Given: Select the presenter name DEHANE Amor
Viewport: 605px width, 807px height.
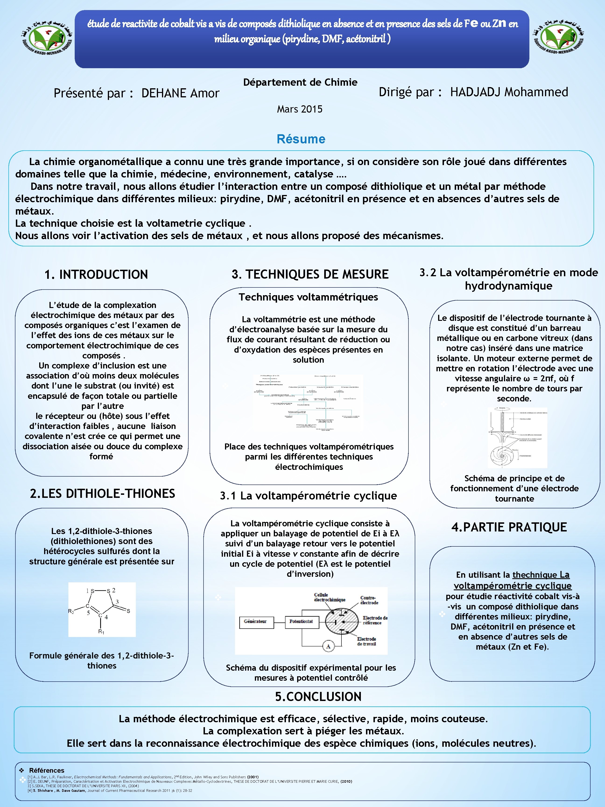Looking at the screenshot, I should pyautogui.click(x=180, y=93).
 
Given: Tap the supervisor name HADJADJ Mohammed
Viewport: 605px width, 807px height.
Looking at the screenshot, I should pyautogui.click(x=509, y=92).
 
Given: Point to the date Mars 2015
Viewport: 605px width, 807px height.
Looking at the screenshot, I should pyautogui.click(x=300, y=109).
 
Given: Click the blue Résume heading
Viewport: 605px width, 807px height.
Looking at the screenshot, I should pyautogui.click(x=301, y=139).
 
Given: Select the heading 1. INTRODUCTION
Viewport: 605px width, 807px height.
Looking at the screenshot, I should pyautogui.click(x=96, y=274).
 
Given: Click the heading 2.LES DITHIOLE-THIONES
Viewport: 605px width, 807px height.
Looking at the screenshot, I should pyautogui.click(x=102, y=494).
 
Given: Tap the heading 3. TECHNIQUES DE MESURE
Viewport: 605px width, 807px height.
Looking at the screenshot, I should pyautogui.click(x=310, y=274).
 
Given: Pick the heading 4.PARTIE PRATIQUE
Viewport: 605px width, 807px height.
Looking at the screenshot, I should pyautogui.click(x=509, y=527).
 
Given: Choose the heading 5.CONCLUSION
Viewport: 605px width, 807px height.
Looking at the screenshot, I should pyautogui.click(x=318, y=697).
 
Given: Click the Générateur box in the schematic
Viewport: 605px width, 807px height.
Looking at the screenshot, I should pyautogui.click(x=255, y=621).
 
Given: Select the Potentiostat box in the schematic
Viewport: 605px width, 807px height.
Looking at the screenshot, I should pyautogui.click(x=301, y=621).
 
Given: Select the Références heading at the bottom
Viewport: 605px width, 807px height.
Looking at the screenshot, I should pyautogui.click(x=47, y=770).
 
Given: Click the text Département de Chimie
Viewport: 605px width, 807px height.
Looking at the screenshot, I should pyautogui.click(x=300, y=82).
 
